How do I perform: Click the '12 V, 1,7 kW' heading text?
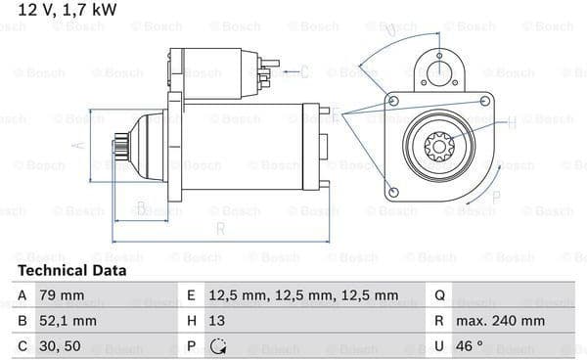[68, 10]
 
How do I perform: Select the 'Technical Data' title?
[71, 270]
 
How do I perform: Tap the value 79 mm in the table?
[62, 295]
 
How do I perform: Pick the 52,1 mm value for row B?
[68, 321]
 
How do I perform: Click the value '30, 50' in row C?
[60, 346]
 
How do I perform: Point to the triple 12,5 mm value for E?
[303, 295]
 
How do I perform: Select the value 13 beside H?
[217, 321]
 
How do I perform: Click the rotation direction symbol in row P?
[218, 346]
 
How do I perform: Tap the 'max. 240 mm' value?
[500, 321]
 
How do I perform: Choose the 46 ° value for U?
[470, 346]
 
